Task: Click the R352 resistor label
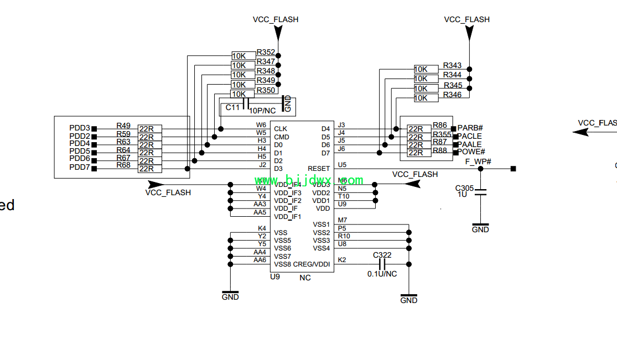[266, 53]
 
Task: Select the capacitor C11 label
[232, 107]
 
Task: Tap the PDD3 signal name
[80, 128]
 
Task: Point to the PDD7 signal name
[80, 167]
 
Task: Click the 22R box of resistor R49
[149, 129]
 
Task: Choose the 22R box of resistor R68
[149, 168]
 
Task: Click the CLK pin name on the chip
[281, 129]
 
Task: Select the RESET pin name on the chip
[319, 169]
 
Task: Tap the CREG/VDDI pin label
[312, 264]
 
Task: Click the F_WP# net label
[478, 161]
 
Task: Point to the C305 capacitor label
[464, 188]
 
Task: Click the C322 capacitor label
[382, 255]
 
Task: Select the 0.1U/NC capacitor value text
[382, 274]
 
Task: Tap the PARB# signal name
[470, 128]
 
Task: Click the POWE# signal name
[471, 152]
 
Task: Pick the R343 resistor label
[452, 66]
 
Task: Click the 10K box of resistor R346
[421, 98]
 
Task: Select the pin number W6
[261, 125]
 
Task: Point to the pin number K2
[342, 260]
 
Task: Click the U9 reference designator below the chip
[275, 276]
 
